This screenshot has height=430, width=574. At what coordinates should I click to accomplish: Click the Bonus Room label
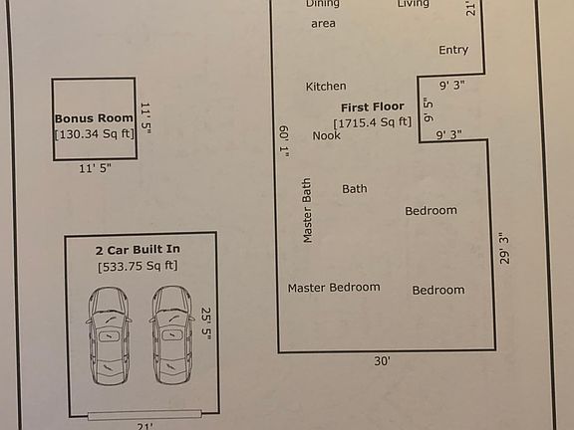(x=94, y=117)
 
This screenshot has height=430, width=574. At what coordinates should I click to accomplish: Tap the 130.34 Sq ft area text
(x=94, y=134)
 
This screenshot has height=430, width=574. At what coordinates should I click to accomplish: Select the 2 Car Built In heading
(x=138, y=250)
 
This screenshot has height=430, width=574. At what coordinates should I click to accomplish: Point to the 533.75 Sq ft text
(x=138, y=266)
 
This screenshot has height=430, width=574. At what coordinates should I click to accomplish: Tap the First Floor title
(x=372, y=107)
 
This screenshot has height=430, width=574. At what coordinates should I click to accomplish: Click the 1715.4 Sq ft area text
(x=373, y=122)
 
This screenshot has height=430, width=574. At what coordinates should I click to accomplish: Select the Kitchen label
(x=326, y=87)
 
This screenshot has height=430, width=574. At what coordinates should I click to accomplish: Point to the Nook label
(x=327, y=135)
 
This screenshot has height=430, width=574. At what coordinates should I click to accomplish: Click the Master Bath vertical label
(x=307, y=210)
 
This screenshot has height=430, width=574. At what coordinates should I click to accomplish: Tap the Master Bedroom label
(x=334, y=288)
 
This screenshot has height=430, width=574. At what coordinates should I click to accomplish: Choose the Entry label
(x=453, y=50)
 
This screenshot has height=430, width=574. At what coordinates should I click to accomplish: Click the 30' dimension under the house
(x=382, y=361)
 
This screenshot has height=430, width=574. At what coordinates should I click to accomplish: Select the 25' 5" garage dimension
(x=207, y=323)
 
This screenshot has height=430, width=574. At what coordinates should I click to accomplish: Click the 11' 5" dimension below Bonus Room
(x=95, y=169)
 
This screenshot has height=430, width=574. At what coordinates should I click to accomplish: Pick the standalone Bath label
(x=355, y=188)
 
